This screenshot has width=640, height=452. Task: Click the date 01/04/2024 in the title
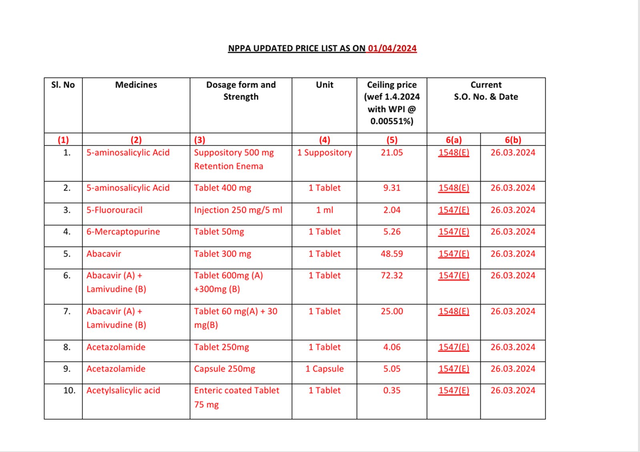click(x=392, y=48)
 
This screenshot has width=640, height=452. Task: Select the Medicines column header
click(x=136, y=85)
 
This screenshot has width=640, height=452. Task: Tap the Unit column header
click(x=324, y=85)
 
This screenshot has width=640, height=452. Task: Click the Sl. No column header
click(x=63, y=85)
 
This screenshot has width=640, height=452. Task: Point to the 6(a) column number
click(x=454, y=140)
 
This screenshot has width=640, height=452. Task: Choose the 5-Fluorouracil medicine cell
click(x=114, y=210)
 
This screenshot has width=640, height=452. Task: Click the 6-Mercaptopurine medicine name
click(x=123, y=232)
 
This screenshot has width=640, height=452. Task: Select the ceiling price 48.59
click(x=392, y=254)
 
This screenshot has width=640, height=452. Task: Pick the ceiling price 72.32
click(x=392, y=275)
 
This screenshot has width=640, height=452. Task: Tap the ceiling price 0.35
click(x=392, y=390)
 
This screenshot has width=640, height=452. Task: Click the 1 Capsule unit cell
click(x=324, y=369)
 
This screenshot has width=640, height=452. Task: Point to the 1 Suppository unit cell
click(x=324, y=153)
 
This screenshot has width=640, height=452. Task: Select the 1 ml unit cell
click(x=324, y=210)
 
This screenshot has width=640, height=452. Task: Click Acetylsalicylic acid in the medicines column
click(x=123, y=390)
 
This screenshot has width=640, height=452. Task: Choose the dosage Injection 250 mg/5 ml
click(x=238, y=210)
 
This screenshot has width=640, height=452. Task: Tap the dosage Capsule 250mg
click(x=224, y=369)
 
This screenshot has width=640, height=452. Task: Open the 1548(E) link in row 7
click(x=454, y=311)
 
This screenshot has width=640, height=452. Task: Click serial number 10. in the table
click(x=69, y=390)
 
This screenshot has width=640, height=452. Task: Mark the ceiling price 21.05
click(x=392, y=153)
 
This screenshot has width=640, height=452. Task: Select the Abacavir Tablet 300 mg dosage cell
click(x=222, y=254)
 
